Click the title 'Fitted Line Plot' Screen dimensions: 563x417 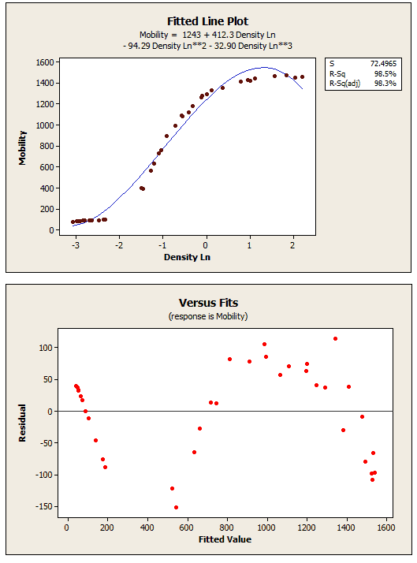tap(208, 21)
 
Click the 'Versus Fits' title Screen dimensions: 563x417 tap(208, 303)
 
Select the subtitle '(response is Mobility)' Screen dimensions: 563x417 tap(208, 315)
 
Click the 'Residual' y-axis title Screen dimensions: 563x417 tap(23, 423)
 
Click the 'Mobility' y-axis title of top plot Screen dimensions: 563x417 tap(23, 147)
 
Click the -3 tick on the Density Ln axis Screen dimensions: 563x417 tap(76, 244)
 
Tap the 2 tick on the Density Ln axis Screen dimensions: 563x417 tap(293, 244)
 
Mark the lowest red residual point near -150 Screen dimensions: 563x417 tap(176, 507)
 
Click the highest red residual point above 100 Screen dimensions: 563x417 tap(335, 338)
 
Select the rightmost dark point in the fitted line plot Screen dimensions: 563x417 tap(302, 76)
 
